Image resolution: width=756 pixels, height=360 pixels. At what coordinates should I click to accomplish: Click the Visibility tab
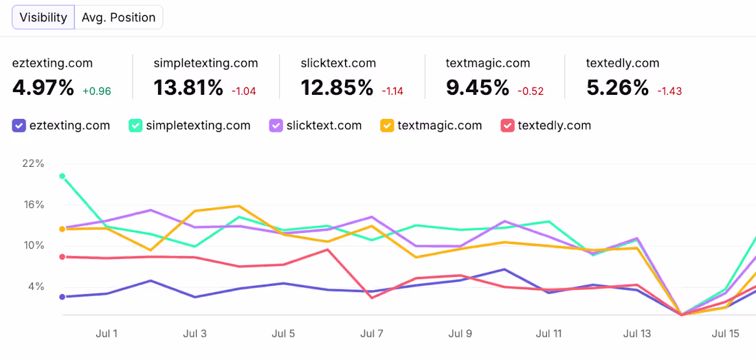[43, 18]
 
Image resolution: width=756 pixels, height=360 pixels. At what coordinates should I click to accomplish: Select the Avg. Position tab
[119, 18]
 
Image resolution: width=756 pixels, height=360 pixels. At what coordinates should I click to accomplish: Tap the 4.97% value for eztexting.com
[43, 88]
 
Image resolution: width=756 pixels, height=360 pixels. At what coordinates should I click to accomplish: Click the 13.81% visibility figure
[188, 88]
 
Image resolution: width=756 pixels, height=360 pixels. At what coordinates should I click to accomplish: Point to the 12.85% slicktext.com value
[337, 88]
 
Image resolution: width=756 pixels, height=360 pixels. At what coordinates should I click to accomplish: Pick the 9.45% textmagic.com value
[478, 88]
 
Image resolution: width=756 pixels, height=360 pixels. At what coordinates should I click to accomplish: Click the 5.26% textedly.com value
[618, 88]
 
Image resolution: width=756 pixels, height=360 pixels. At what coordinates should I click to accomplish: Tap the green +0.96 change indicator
[97, 91]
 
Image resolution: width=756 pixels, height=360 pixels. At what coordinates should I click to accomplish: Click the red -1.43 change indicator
[669, 91]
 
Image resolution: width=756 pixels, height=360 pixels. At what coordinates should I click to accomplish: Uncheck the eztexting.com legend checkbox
[19, 126]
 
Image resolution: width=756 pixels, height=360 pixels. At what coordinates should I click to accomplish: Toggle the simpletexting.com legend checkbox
[135, 126]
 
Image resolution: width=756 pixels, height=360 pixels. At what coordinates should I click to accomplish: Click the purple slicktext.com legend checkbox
[276, 126]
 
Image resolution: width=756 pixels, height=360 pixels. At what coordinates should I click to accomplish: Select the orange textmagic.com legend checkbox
[387, 126]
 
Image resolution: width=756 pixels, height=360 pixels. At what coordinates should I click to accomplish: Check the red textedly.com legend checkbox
[507, 126]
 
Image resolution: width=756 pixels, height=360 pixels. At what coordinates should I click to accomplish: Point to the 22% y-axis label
[33, 164]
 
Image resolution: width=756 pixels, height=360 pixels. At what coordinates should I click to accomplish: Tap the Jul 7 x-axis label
[372, 333]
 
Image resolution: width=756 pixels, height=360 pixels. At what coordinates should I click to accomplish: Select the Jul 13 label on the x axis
[637, 333]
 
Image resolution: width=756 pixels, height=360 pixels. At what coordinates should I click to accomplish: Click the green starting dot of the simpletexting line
[62, 177]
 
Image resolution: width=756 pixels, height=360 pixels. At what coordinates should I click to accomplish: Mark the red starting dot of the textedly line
[62, 257]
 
